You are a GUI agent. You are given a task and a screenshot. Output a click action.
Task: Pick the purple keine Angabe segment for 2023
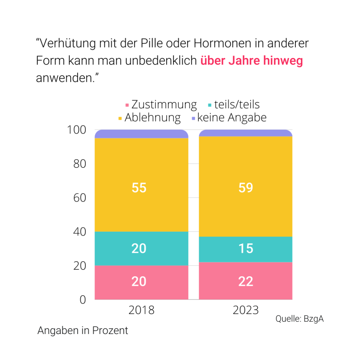pos(245,133)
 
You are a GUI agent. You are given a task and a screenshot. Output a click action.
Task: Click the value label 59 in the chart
pos(246,188)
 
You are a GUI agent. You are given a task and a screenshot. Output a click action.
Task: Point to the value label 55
pos(139,188)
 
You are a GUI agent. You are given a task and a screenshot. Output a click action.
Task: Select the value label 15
pos(246,249)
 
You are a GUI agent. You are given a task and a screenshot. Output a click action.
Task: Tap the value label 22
pos(246,282)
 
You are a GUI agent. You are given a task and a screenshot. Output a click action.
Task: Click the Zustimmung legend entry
pos(161,104)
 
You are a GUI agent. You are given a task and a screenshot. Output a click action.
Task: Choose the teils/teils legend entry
pos(234,104)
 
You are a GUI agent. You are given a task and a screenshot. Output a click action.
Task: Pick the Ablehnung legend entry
pos(149,117)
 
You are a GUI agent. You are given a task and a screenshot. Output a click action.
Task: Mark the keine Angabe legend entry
pos(229,117)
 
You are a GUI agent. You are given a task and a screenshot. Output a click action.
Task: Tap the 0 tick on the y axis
pos(83,300)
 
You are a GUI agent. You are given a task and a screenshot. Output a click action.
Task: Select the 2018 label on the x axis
pos(141,310)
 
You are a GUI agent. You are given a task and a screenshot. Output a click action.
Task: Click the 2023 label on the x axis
pos(245,310)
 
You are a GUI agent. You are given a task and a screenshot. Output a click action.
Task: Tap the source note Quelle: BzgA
pos(299,319)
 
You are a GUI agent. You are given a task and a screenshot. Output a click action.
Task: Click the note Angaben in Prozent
pos(83,331)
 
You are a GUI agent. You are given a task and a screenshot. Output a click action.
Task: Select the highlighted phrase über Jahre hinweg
pos(251,61)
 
